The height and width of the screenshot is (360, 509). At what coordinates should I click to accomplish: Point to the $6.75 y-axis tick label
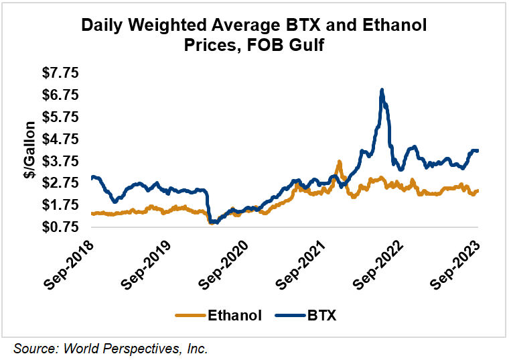point(60,95)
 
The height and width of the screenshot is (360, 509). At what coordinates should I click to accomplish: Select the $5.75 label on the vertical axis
point(60,117)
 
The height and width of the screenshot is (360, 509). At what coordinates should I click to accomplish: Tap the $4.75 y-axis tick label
point(60,139)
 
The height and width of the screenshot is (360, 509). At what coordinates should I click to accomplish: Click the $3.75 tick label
point(60,161)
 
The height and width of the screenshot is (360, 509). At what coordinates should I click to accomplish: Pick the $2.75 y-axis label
point(60,183)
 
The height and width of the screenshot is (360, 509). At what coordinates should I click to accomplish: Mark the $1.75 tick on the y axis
point(60,205)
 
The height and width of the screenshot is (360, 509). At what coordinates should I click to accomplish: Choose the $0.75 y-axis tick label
point(60,227)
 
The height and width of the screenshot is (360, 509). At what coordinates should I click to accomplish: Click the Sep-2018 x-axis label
point(69,263)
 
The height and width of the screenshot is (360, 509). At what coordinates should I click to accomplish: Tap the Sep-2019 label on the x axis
point(146,263)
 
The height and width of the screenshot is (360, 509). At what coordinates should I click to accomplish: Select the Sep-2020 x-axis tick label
point(224,263)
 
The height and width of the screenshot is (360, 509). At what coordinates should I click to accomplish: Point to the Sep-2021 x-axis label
point(301,263)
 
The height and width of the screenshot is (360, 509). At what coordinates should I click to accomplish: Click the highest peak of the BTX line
point(382,89)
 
